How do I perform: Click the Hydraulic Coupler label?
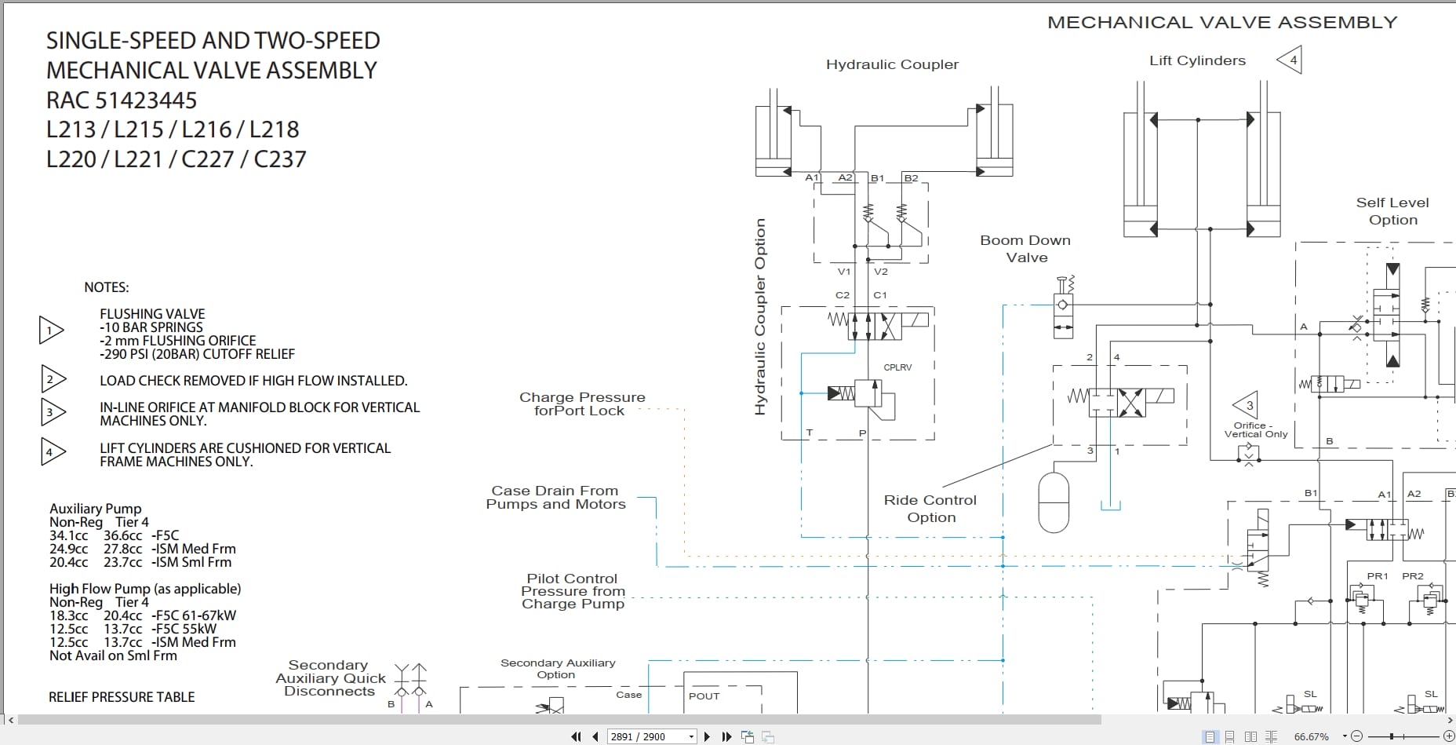892,64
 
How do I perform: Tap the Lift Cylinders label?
1197,60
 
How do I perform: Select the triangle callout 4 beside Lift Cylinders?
1290,60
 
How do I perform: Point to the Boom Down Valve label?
1025,249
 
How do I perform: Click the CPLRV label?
897,367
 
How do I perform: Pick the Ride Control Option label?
930,509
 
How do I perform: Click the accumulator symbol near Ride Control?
1054,502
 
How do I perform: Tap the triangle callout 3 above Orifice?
1246,406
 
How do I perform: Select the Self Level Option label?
1392,211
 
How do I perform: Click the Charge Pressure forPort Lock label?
582,404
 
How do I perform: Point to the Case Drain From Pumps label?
555,498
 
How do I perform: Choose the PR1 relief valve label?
1378,576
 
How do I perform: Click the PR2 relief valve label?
1413,576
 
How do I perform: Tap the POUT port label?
704,696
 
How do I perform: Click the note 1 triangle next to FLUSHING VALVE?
51,331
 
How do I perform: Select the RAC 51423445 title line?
122,100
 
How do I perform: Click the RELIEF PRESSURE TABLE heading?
122,697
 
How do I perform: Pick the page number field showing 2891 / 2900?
652,736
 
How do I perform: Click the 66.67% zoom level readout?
1311,736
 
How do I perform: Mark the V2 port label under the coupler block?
881,272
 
